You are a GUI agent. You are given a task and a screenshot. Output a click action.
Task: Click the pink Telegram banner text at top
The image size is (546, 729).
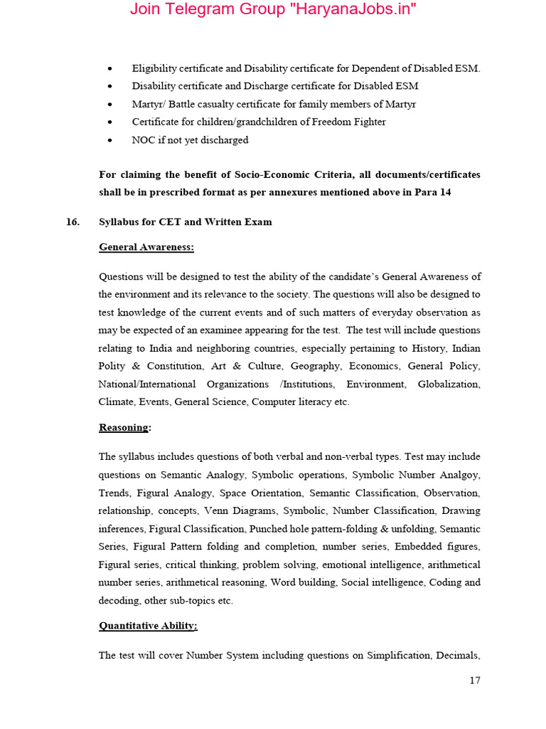(273, 10)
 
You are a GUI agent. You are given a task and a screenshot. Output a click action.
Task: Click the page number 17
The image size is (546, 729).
(475, 680)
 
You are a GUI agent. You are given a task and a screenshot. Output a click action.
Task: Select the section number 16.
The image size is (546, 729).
(73, 221)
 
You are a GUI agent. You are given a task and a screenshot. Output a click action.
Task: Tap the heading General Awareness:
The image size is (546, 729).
(146, 247)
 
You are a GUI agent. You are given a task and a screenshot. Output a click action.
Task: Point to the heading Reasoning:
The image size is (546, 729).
(124, 427)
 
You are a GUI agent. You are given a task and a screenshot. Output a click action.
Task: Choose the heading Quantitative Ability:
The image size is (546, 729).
(148, 626)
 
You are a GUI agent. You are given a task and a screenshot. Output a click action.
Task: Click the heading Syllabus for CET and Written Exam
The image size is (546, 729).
(185, 221)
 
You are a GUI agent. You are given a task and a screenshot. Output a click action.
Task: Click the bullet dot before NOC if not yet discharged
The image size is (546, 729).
(109, 140)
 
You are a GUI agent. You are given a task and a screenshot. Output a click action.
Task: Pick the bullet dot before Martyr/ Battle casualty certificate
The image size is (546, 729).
(109, 105)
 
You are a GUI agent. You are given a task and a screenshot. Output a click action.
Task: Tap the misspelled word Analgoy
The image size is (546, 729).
(460, 474)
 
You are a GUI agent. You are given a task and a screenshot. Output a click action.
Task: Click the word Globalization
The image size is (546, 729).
(449, 384)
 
